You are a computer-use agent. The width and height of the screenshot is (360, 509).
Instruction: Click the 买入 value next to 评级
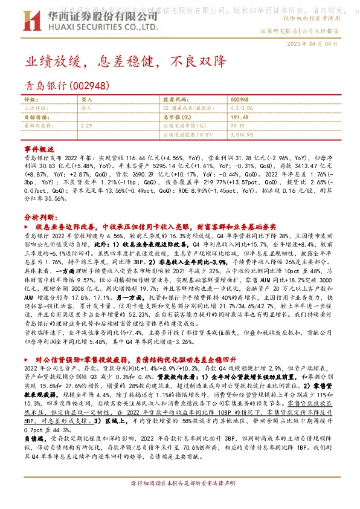pos(87,99)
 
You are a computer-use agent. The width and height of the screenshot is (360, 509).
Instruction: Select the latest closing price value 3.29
pos(87,125)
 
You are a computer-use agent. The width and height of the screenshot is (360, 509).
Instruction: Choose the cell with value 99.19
pos(237,125)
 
